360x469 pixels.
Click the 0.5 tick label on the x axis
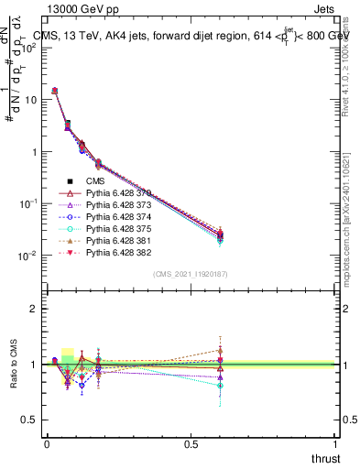click(191, 443)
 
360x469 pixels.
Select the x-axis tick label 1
click(336, 443)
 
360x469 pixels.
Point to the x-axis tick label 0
click(47, 443)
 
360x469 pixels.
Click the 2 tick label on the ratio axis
click(33, 309)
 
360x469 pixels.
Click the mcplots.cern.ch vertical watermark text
click(350, 211)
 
